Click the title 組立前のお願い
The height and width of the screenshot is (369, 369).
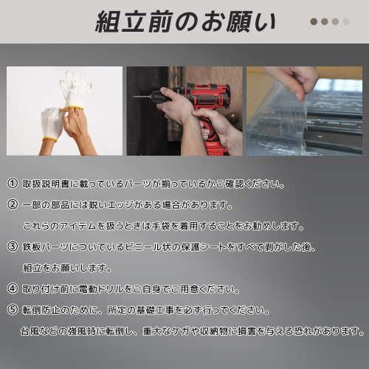185,21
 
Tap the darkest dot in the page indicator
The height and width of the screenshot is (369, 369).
314,21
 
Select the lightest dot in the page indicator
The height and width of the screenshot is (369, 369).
345,21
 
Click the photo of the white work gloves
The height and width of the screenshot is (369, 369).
64,111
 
